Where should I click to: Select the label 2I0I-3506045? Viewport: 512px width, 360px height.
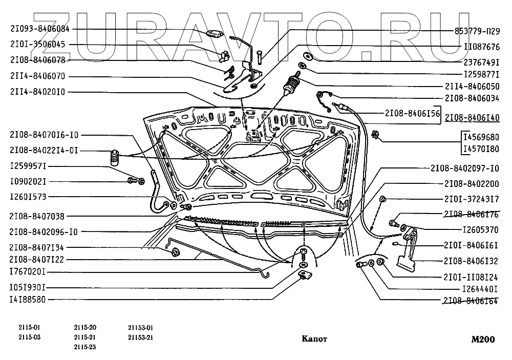(37, 45)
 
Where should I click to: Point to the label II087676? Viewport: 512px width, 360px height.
(481, 47)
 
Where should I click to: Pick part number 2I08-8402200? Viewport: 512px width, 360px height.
(472, 183)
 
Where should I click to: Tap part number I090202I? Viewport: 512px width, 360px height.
(28, 181)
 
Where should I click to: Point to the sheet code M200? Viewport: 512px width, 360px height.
(485, 338)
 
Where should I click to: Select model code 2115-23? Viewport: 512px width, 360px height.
(84, 347)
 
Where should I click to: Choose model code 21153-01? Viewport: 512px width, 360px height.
(141, 328)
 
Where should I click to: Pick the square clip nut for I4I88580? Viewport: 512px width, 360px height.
(303, 276)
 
